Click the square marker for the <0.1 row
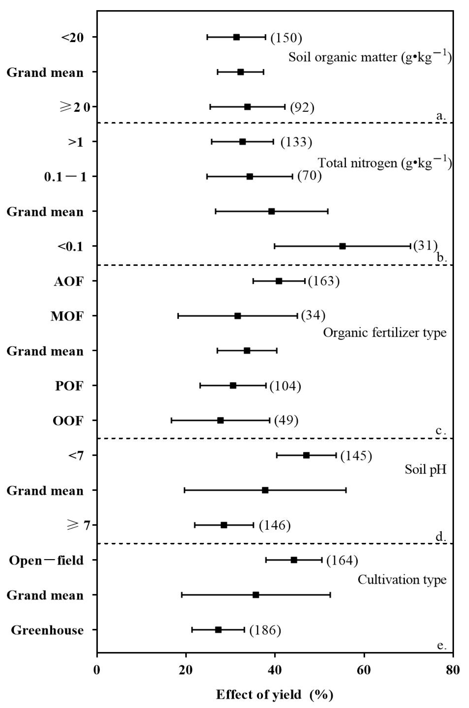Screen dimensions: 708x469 (342, 246)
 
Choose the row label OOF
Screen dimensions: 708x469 (68, 421)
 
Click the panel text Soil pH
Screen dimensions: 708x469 (425, 470)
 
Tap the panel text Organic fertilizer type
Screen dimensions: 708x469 (384, 333)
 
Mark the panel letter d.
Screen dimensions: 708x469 (441, 537)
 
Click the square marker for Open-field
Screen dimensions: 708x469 (294, 560)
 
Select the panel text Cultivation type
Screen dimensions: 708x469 (402, 580)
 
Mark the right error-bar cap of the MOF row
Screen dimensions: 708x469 (297, 316)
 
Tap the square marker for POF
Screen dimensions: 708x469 (233, 386)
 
